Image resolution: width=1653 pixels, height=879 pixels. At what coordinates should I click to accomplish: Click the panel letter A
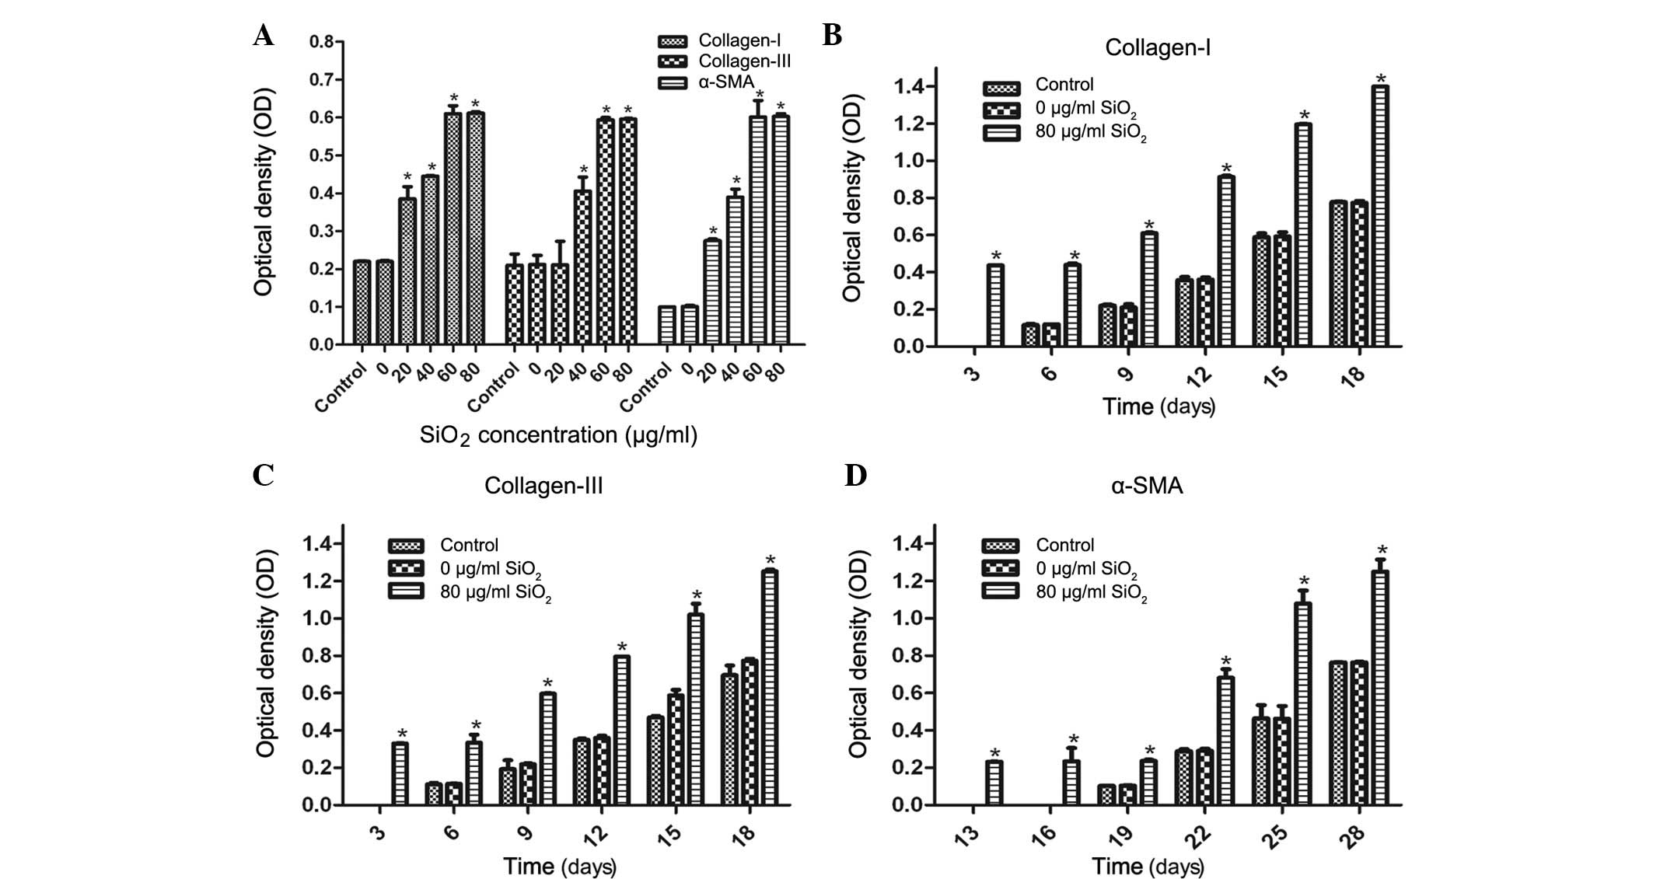(x=264, y=36)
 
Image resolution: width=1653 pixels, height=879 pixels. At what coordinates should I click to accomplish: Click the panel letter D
(x=855, y=476)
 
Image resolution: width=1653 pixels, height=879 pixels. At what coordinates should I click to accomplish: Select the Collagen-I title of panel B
(x=1157, y=47)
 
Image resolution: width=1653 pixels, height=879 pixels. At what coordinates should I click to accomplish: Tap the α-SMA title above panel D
(x=1147, y=486)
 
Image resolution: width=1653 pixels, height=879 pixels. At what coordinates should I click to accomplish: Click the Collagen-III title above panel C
(x=543, y=486)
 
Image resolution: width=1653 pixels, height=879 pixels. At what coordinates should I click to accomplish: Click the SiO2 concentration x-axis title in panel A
(x=558, y=435)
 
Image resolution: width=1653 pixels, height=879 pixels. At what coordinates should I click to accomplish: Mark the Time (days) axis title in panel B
(x=1158, y=406)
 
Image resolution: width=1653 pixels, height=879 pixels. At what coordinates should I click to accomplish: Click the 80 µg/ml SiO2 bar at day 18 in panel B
(x=1380, y=215)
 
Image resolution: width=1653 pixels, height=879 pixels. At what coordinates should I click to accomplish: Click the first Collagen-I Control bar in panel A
(x=362, y=302)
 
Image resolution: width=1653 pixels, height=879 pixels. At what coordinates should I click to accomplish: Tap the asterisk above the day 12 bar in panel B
(x=1227, y=169)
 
